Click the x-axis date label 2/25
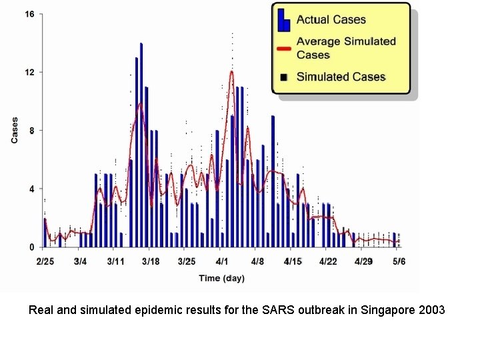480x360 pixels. pyautogui.click(x=45, y=261)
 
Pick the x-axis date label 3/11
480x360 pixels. pyautogui.click(x=116, y=261)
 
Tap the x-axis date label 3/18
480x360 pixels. pyautogui.click(x=151, y=261)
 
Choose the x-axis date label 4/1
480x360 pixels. pyautogui.click(x=222, y=261)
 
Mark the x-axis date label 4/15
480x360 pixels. pyautogui.click(x=293, y=261)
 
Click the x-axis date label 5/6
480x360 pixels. pyautogui.click(x=399, y=261)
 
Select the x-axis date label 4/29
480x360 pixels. pyautogui.click(x=363, y=261)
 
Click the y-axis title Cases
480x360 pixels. pyautogui.click(x=15, y=131)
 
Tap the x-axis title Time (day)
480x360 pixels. pyautogui.click(x=221, y=278)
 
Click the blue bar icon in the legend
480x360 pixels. pyautogui.click(x=284, y=20)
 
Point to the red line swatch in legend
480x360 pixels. pyautogui.click(x=284, y=48)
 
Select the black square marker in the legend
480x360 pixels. pyautogui.click(x=284, y=77)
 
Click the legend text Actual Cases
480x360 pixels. pyautogui.click(x=331, y=20)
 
